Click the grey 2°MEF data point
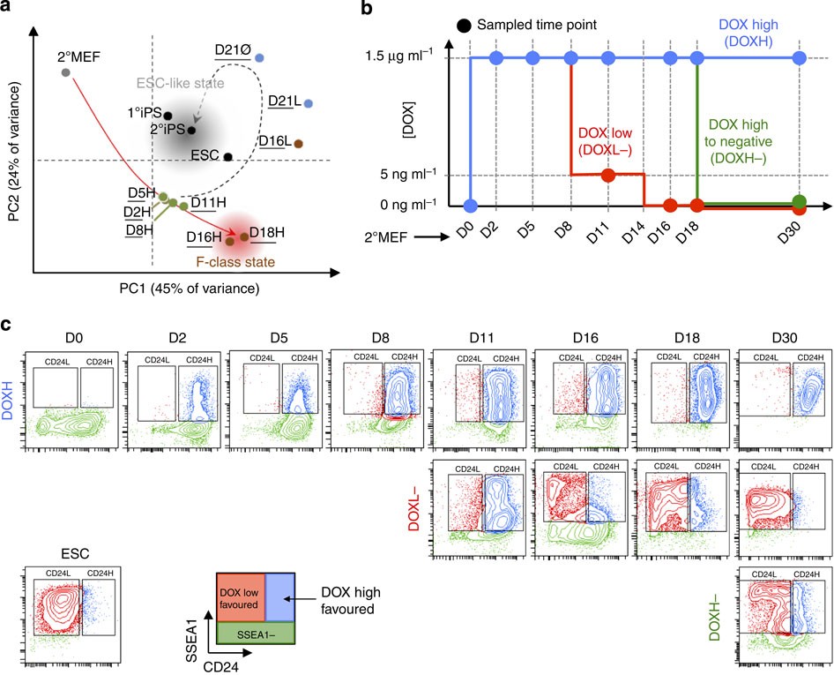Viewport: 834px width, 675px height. click(x=65, y=71)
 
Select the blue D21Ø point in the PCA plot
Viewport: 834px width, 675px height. click(x=259, y=58)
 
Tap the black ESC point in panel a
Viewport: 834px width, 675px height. click(x=228, y=157)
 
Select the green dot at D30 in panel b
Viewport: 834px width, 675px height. click(x=799, y=203)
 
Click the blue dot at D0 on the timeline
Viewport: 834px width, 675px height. click(x=471, y=206)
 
